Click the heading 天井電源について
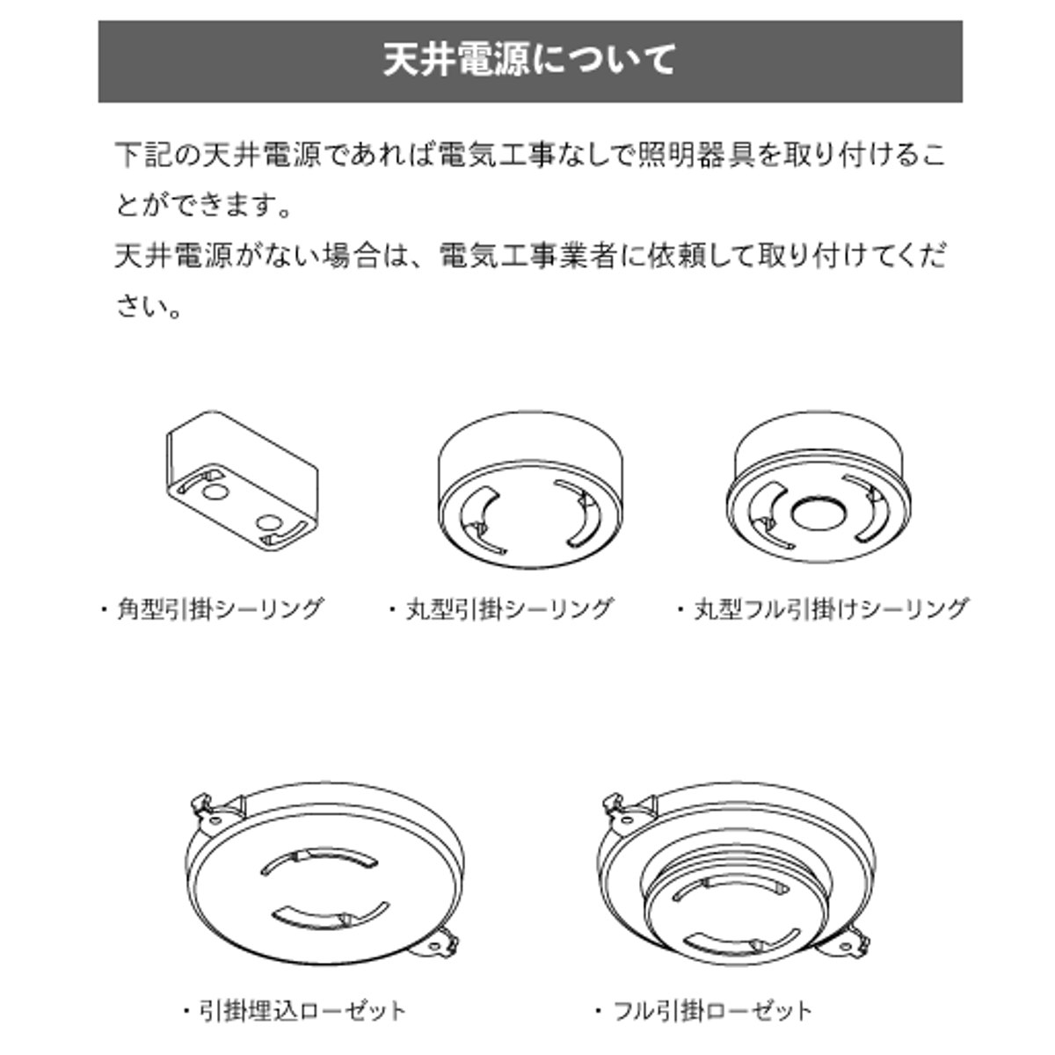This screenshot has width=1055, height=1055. [x=529, y=60]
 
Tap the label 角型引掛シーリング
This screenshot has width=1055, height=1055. [x=220, y=608]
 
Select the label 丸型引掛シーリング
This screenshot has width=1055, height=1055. [x=509, y=608]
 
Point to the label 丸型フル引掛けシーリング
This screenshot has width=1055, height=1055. [x=831, y=608]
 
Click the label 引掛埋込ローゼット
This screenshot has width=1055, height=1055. [x=302, y=1010]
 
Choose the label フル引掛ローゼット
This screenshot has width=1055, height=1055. [x=713, y=1010]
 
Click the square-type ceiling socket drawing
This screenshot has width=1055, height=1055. [x=242, y=481]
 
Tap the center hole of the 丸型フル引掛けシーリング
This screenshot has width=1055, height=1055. [x=819, y=513]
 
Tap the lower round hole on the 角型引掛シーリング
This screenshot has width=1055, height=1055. [x=269, y=523]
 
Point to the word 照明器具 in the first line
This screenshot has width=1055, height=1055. [x=696, y=155]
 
